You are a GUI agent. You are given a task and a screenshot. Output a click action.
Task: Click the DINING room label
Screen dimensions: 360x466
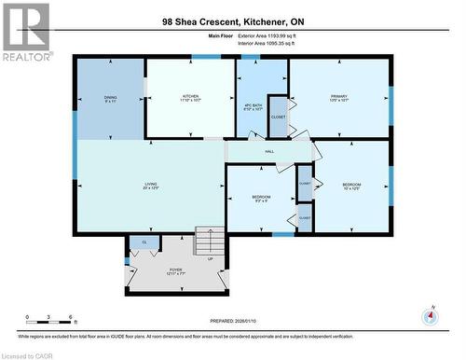(110, 98)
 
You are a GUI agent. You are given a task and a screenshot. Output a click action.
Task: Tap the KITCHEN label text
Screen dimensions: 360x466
(190, 97)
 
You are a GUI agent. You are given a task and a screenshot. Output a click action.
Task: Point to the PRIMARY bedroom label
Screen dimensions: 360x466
(338, 97)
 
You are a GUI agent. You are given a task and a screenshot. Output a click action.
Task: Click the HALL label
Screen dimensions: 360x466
(269, 152)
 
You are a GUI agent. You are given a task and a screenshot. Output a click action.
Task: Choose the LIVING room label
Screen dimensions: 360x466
(149, 186)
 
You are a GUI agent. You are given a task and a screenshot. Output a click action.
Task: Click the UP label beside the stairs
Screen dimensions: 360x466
(211, 259)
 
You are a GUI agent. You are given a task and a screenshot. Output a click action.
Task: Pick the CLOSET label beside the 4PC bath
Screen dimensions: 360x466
(278, 118)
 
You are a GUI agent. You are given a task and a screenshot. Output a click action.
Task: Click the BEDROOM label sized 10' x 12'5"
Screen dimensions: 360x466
(351, 187)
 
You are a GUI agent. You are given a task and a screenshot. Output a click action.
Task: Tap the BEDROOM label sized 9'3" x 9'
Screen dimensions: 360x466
(261, 199)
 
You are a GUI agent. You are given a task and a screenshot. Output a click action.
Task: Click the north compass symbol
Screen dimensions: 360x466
(430, 315)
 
